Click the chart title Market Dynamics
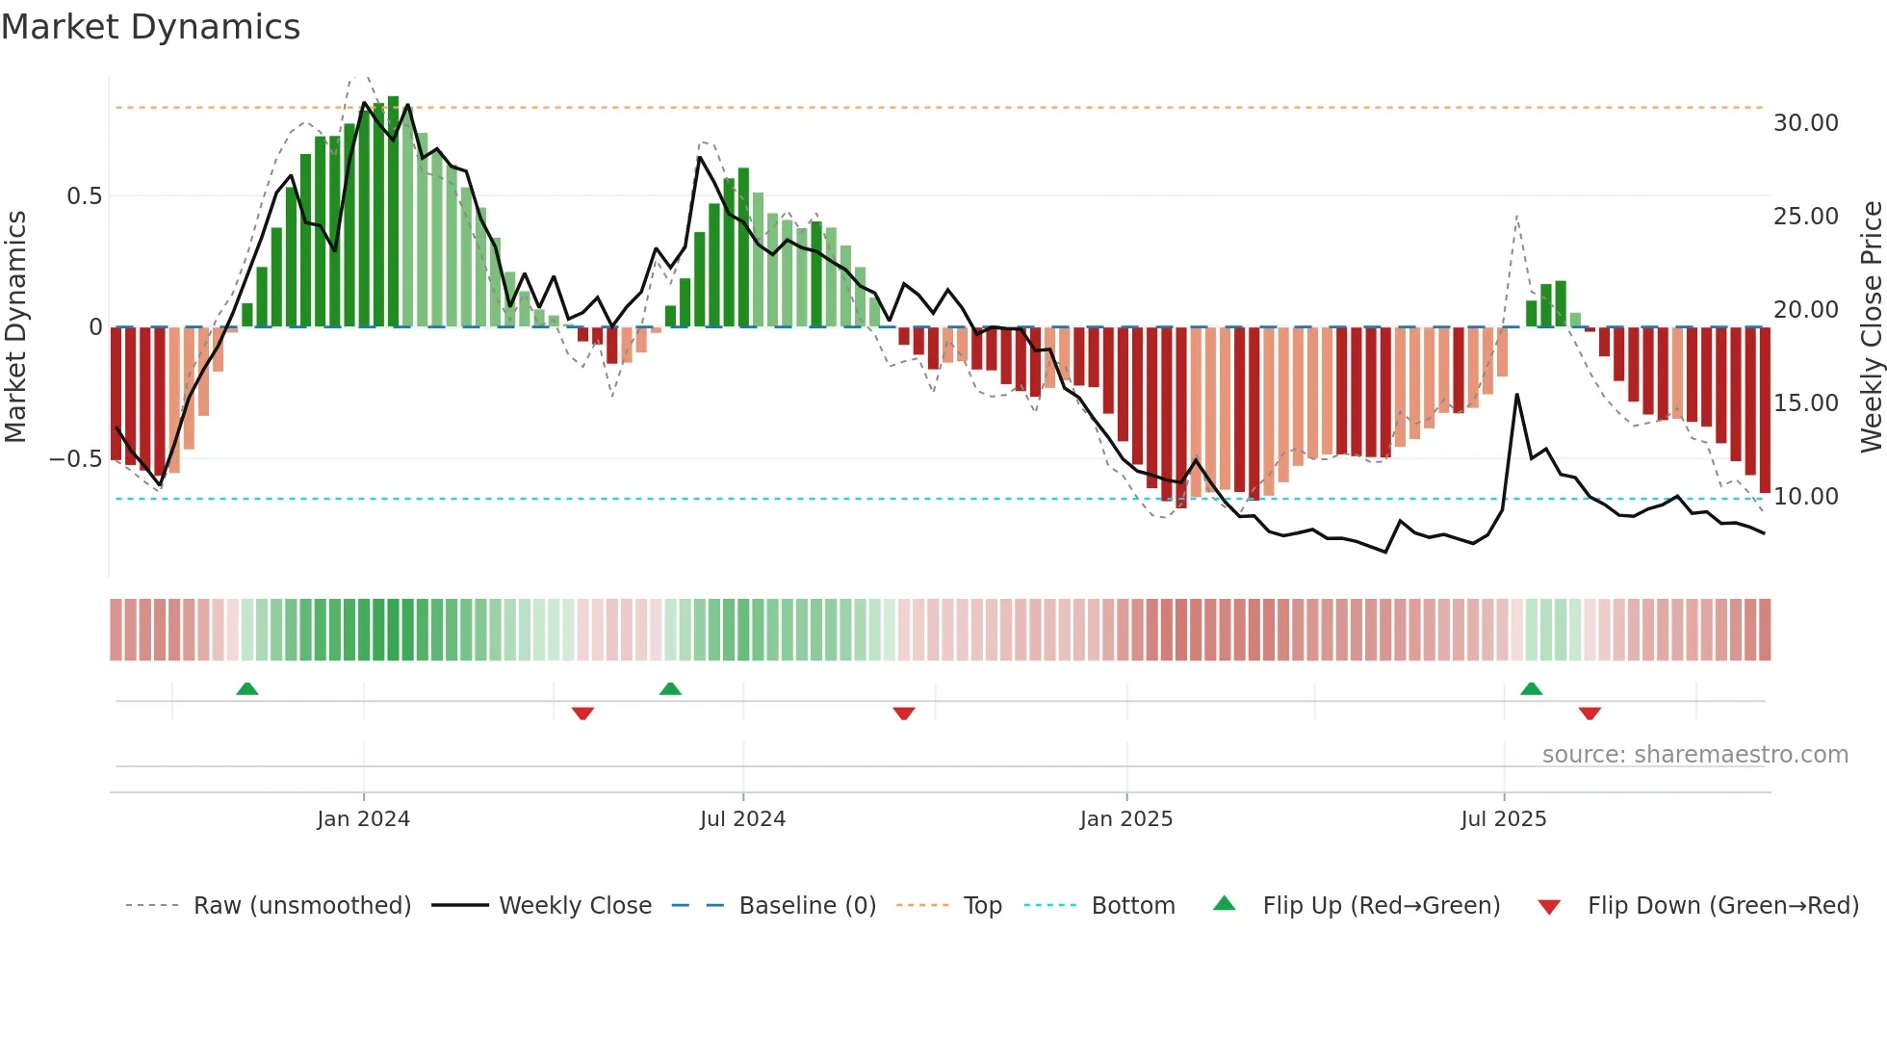150,27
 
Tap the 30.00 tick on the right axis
1805,123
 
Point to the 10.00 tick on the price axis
1805,497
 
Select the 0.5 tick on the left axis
84,196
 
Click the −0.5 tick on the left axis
76,459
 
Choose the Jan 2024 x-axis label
363,819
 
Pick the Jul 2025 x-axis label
1503,819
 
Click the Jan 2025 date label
1125,819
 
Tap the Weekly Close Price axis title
1871,326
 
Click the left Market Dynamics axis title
15,326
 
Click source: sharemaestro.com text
1694,755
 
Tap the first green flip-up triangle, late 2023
247,688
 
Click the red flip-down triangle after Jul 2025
1590,713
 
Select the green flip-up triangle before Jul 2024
670,688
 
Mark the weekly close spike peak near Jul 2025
1517,395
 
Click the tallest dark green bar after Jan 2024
393,212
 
